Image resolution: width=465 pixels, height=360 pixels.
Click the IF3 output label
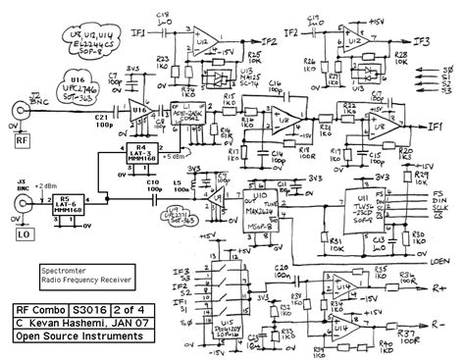click(x=423, y=40)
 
